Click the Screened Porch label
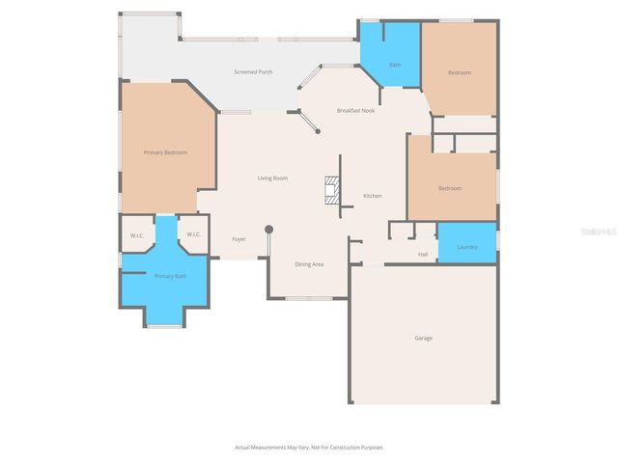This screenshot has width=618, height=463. pos(253,72)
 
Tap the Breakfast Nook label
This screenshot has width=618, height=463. pos(355,110)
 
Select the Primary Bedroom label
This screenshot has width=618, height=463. pos(165,152)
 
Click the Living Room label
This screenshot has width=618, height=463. pos(272,178)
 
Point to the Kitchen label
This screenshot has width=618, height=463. pos(372,196)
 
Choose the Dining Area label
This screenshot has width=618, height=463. pos(309,263)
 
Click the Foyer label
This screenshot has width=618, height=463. pos(239,239)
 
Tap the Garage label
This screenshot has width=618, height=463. pos(423,338)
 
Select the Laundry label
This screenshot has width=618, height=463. pos(467,247)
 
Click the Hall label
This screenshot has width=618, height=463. pos(422,255)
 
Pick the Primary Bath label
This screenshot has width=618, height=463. pos(170,277)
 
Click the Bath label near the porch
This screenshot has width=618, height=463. pos(395,65)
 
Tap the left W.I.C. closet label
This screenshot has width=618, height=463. pos(137,234)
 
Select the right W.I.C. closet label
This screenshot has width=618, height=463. pos(193,234)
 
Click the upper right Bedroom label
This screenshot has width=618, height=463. pos(459,72)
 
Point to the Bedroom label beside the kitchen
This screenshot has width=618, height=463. pos(450,188)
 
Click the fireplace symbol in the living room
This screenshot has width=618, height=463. pos(332,189)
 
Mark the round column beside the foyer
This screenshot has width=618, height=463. pos(269,230)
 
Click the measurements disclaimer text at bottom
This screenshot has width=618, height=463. pos(309,448)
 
